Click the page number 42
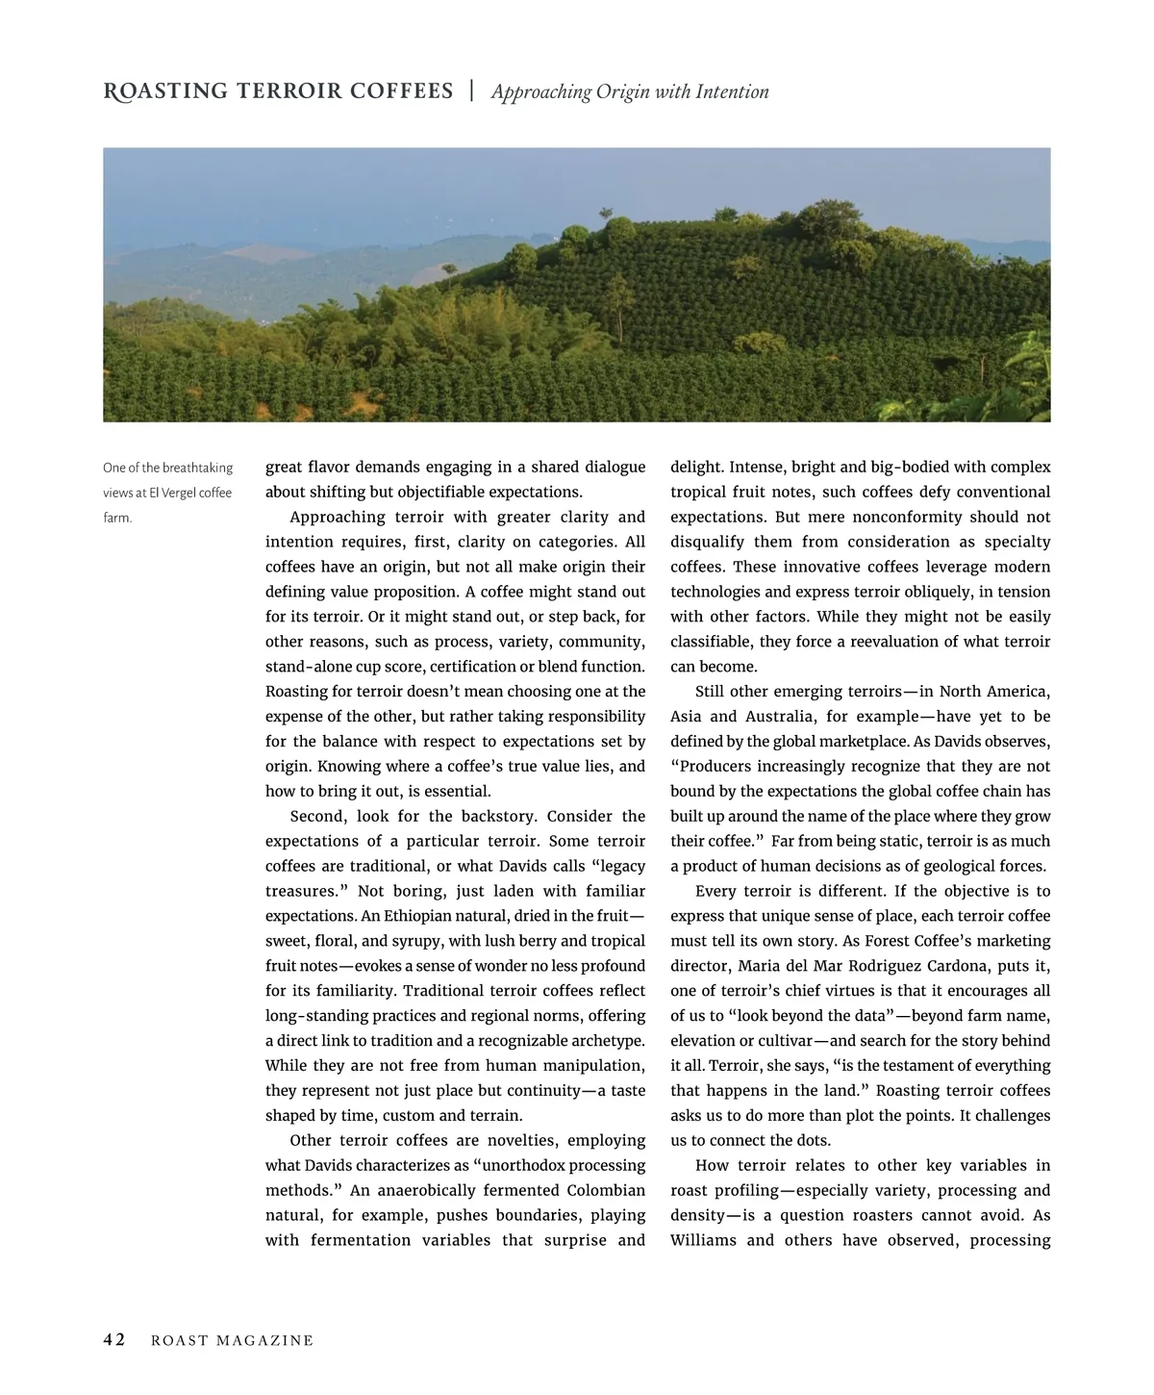point(114,1340)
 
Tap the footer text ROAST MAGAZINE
point(233,1341)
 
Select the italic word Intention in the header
point(732,92)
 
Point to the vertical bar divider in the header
point(472,91)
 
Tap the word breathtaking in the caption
point(197,468)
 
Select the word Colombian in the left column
point(606,1190)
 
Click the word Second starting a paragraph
point(318,816)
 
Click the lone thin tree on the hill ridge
point(606,214)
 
